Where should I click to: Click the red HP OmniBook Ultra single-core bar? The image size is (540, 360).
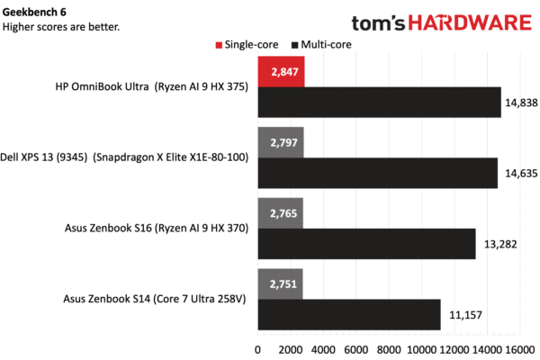[x=281, y=72]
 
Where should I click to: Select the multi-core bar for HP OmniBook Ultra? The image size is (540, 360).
[x=380, y=103]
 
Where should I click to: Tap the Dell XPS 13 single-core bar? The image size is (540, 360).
[x=281, y=142]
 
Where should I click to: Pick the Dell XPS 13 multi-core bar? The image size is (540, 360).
[x=378, y=173]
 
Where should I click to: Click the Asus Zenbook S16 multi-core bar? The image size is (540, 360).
[x=367, y=244]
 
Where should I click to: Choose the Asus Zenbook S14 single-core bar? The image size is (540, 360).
[x=280, y=284]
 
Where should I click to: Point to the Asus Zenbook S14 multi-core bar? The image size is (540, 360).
[x=349, y=314]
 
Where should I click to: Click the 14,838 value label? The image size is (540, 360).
[x=521, y=103]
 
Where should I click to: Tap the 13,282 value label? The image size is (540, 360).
[x=500, y=244]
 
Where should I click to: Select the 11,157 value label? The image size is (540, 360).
[x=465, y=315]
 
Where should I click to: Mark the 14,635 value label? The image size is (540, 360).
[x=521, y=174]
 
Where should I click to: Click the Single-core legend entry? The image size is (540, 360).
[x=247, y=45]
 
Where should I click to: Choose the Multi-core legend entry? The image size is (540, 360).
[x=321, y=45]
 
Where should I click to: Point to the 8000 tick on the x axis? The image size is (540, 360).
[x=389, y=350]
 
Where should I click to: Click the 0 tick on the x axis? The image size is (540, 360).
[x=257, y=350]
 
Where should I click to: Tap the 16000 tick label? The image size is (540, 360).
[x=519, y=350]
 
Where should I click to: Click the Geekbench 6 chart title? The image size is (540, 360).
[x=34, y=12]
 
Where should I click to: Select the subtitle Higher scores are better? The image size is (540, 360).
[x=61, y=27]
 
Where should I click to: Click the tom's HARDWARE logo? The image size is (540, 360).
[x=442, y=22]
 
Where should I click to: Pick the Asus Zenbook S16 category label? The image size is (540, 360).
[x=157, y=228]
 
